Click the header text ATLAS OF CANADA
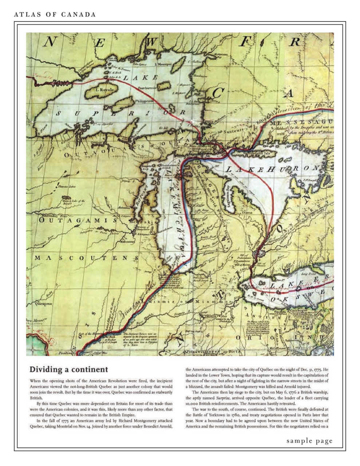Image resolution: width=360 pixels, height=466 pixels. click(x=55, y=15)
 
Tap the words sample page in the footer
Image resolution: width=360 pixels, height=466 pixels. click(x=309, y=441)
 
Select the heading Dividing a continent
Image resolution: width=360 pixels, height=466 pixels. click(x=68, y=369)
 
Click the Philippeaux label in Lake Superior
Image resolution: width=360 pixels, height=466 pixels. click(x=145, y=102)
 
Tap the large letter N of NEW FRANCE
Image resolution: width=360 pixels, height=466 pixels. click(x=50, y=42)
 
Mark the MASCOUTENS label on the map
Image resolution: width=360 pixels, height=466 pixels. click(x=87, y=258)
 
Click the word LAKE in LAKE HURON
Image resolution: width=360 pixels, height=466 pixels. click(x=242, y=169)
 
